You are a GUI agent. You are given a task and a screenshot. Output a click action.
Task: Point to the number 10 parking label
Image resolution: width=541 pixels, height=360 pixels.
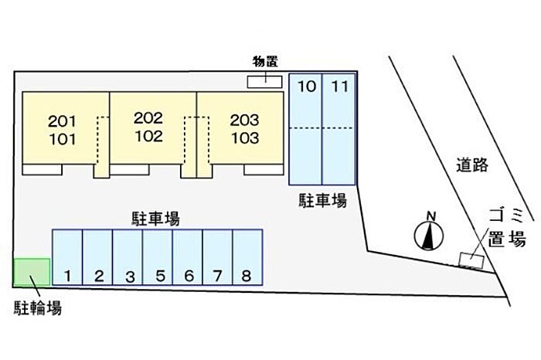[307, 87]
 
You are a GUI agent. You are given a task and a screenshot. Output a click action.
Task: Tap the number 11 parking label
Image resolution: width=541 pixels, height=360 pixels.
[339, 87]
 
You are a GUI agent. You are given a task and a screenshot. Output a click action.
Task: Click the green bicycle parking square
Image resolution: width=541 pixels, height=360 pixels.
[32, 272]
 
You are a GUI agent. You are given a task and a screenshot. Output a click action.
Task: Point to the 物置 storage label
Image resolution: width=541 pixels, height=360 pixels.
[264, 61]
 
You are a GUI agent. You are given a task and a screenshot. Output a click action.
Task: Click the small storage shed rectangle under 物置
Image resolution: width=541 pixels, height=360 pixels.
[264, 80]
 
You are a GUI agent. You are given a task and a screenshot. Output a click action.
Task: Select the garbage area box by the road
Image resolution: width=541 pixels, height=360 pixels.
[471, 259]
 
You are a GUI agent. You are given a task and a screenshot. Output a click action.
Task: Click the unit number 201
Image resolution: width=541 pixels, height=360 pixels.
[62, 121]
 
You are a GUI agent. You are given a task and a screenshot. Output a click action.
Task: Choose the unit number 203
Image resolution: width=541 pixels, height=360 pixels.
[244, 121]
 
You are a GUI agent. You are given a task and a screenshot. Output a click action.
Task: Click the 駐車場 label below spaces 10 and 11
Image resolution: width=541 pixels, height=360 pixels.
[322, 201]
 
